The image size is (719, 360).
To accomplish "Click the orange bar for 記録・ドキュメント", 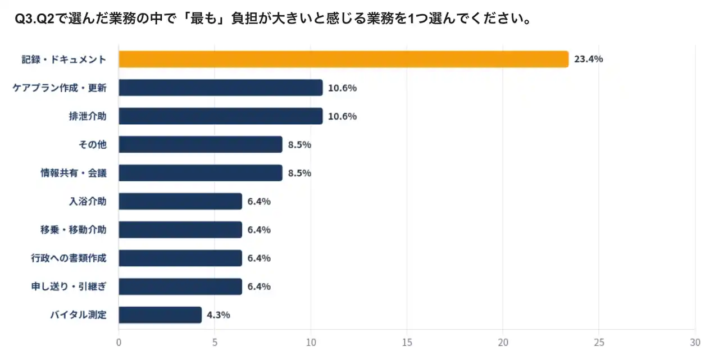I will click(343, 59).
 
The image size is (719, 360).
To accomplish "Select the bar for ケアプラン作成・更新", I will click(221, 88).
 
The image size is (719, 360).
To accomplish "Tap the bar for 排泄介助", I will click(221, 116).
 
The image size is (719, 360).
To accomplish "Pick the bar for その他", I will click(201, 144).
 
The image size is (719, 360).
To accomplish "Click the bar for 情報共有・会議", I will click(201, 173).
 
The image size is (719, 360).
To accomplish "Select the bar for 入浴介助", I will click(180, 201).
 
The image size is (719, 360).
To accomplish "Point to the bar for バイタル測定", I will click(160, 315).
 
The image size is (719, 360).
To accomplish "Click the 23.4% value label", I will click(588, 59).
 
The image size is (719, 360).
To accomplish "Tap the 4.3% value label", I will click(219, 315).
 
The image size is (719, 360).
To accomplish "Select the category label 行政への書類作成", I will click(69, 258).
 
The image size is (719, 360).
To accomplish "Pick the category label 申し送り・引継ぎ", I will click(69, 286).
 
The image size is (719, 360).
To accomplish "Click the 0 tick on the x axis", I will click(119, 342).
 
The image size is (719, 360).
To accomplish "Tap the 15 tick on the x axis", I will click(407, 342).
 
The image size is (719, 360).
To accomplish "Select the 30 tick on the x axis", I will click(695, 342).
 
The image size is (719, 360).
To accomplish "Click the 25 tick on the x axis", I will click(599, 342).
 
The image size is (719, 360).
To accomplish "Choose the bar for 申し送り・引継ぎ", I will click(180, 286).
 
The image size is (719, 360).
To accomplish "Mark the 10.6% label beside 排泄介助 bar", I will click(343, 116).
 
